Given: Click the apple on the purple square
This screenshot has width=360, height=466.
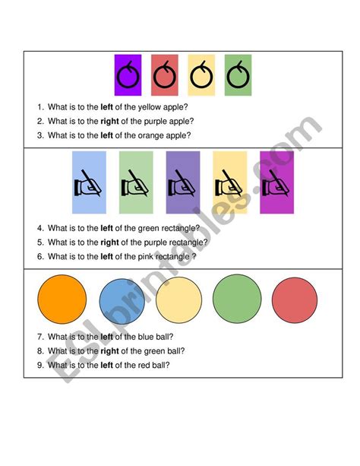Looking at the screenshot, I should [x=128, y=76].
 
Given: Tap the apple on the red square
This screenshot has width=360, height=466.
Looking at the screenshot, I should [x=165, y=76].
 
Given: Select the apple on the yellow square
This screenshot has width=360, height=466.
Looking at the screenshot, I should [x=201, y=76].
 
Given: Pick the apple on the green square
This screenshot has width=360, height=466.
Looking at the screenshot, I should [x=238, y=76].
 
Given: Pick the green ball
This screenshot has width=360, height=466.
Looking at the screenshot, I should [x=236, y=300].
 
